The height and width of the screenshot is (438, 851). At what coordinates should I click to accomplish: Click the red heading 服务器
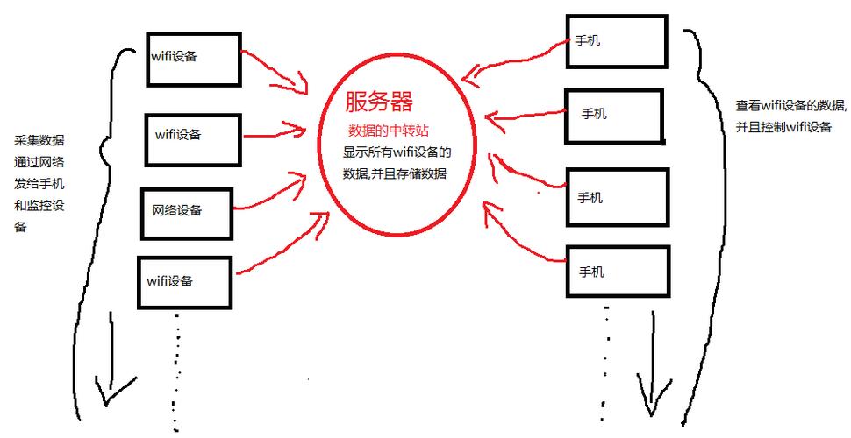pyautogui.click(x=379, y=102)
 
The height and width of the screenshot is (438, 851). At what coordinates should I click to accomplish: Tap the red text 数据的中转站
pyautogui.click(x=388, y=131)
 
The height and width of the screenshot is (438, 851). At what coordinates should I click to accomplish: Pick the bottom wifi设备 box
pyautogui.click(x=185, y=281)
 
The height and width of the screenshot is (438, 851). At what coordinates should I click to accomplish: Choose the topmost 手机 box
pyautogui.click(x=616, y=40)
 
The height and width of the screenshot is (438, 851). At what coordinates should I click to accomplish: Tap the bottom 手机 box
pyautogui.click(x=617, y=272)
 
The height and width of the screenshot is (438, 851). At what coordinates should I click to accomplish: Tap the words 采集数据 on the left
pyautogui.click(x=39, y=141)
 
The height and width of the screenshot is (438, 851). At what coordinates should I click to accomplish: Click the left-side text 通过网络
pyautogui.click(x=39, y=162)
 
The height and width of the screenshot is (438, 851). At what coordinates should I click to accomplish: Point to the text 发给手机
pyautogui.click(x=39, y=184)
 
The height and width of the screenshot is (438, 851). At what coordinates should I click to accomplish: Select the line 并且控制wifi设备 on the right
pyautogui.click(x=783, y=126)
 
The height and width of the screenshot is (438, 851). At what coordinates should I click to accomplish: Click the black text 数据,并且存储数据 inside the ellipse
pyautogui.click(x=394, y=173)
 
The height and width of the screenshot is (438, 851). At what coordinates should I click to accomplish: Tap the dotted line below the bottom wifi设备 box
pyautogui.click(x=177, y=368)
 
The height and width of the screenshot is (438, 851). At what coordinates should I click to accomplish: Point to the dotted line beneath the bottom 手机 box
pyautogui.click(x=605, y=359)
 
